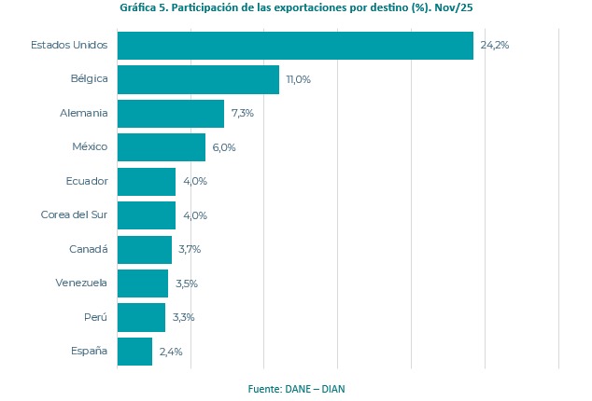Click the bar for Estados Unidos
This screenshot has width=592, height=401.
coord(295,46)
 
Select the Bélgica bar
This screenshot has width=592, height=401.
coord(198,79)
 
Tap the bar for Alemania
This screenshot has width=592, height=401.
coord(171,114)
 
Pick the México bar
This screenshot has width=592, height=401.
coord(162,147)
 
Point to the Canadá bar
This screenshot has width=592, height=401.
coord(145,249)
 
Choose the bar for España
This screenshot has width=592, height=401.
coord(134,352)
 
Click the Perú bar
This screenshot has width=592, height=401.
coord(141,317)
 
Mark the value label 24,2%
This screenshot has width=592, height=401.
coord(495,46)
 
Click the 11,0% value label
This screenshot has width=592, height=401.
coord(299,79)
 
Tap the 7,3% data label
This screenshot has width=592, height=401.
coord(243,114)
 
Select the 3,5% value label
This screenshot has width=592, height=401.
coord(187,283)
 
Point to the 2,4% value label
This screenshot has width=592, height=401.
coord(171,352)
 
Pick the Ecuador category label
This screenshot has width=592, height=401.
coord(86,181)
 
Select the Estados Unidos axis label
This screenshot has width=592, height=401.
coord(69,46)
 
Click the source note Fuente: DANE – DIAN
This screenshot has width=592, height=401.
coord(296,388)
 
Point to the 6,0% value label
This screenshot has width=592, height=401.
coord(224,147)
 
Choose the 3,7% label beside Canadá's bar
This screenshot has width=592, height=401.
coord(190,249)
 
